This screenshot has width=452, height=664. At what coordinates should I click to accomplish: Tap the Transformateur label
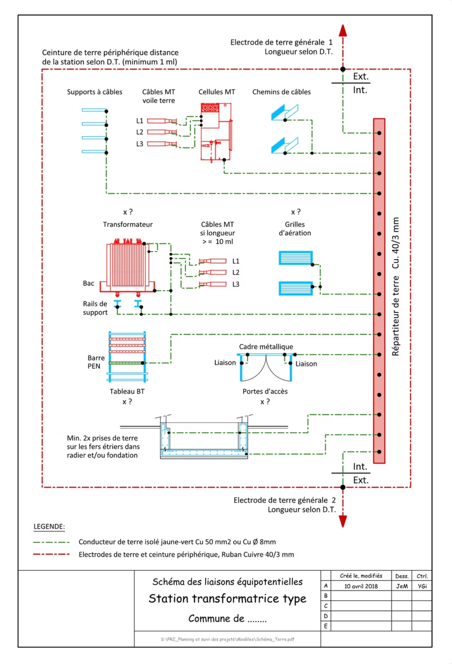pyautogui.click(x=128, y=224)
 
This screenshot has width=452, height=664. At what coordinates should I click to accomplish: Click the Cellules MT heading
pyautogui.click(x=217, y=92)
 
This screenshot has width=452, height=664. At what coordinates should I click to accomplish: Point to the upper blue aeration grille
pyautogui.click(x=296, y=258)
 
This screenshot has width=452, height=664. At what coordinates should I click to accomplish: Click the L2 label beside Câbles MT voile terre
pyautogui.click(x=140, y=132)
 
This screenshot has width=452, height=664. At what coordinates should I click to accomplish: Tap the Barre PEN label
pyautogui.click(x=96, y=362)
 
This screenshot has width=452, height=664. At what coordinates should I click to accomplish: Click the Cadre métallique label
pyautogui.click(x=266, y=347)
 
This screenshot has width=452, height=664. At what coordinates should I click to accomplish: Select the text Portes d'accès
pyautogui.click(x=265, y=391)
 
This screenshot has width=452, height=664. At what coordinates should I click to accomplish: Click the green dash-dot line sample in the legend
pyautogui.click(x=51, y=542)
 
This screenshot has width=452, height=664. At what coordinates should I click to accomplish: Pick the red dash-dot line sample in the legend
pyautogui.click(x=51, y=555)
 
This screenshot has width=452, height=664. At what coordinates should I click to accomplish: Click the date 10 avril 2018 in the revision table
pyautogui.click(x=361, y=586)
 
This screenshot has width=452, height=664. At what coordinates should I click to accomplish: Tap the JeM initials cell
pyautogui.click(x=401, y=586)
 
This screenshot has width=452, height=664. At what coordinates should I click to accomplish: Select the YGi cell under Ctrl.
pyautogui.click(x=422, y=586)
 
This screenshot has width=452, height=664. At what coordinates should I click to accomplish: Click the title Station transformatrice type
pyautogui.click(x=227, y=598)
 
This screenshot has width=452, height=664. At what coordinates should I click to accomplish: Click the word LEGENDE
pyautogui.click(x=49, y=527)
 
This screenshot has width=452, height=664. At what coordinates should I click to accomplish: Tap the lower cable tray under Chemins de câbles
pyautogui.click(x=284, y=146)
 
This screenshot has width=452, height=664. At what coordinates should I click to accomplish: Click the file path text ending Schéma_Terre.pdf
pyautogui.click(x=227, y=639)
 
